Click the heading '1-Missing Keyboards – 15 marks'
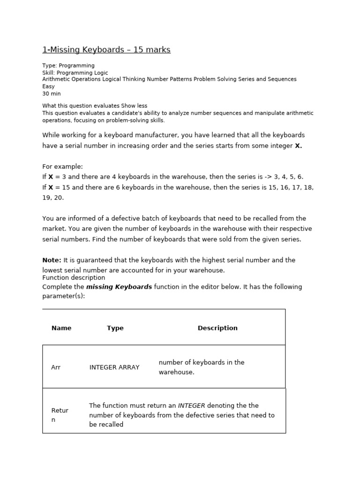click(x=106, y=50)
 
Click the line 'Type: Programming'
click(x=68, y=66)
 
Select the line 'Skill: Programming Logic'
click(x=75, y=73)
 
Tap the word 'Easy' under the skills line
click(x=48, y=86)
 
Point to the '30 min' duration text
click(x=52, y=94)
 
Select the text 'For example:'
click(x=62, y=166)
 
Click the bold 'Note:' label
click(x=52, y=260)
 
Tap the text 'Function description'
click(x=74, y=277)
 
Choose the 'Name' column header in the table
click(x=61, y=328)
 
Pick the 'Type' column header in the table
click(x=115, y=328)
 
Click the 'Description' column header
click(x=217, y=328)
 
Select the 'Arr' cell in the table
click(x=56, y=367)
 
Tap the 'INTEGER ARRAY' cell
click(x=114, y=367)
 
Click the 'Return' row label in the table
click(x=60, y=415)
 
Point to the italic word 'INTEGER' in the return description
click(x=191, y=405)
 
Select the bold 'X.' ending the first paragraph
click(x=298, y=146)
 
